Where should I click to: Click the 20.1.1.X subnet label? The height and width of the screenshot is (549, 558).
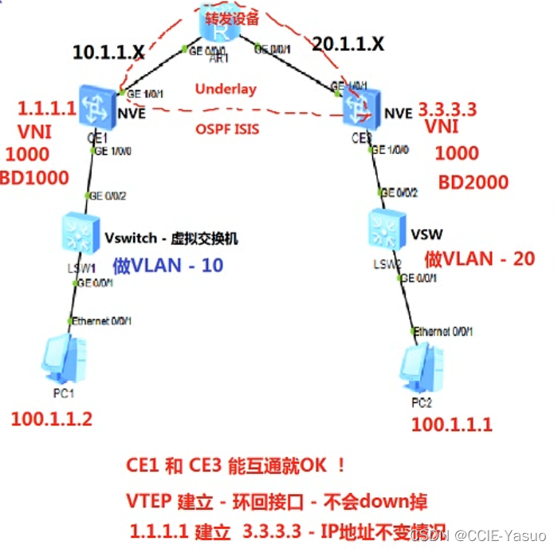[348, 45]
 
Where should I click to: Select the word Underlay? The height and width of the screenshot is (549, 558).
[226, 89]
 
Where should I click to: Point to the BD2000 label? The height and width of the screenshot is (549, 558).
[473, 183]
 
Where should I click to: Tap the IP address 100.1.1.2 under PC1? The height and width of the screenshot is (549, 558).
[53, 418]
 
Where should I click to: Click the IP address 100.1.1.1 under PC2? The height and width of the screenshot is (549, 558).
[452, 425]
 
